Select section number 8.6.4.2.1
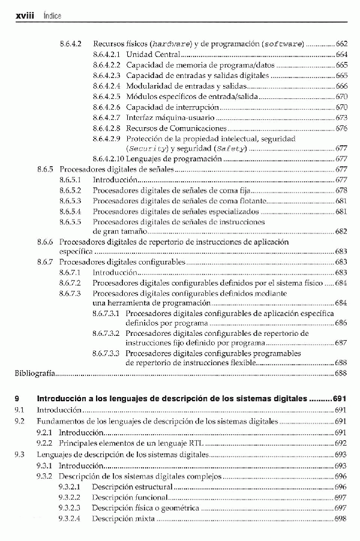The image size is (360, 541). [x=107, y=55]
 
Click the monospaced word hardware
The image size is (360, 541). [x=171, y=44]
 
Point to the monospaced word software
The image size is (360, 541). [x=283, y=44]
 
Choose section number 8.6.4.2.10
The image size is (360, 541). [x=109, y=159]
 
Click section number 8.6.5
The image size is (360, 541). [x=46, y=170]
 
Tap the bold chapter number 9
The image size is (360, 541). [x=17, y=398]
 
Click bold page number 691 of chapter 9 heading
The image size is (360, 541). [x=340, y=398]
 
